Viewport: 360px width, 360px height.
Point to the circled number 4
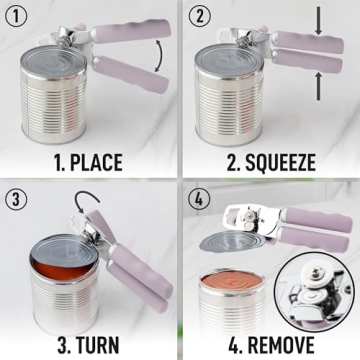(x=201, y=196)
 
